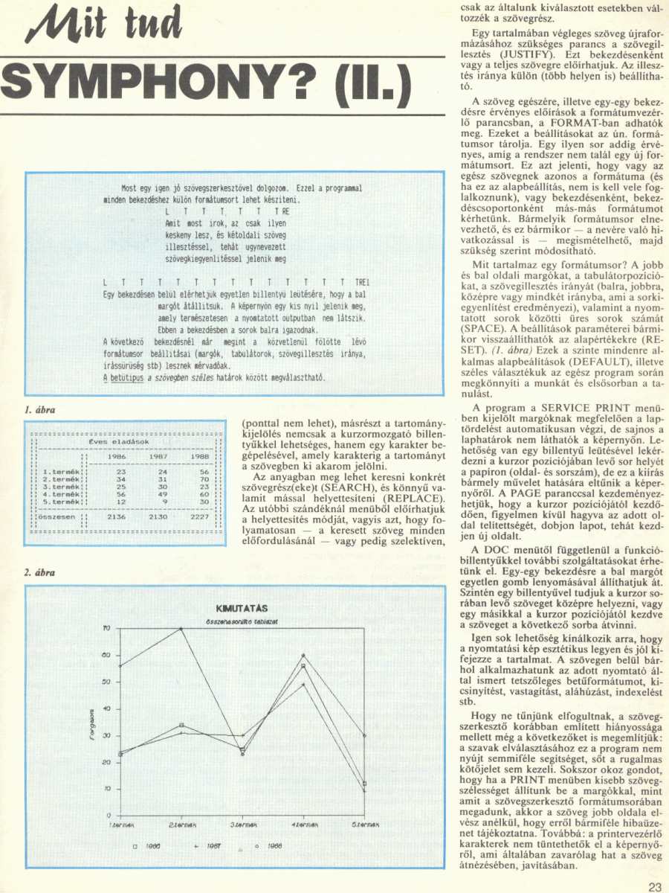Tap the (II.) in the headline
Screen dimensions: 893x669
pyautogui.click(x=369, y=83)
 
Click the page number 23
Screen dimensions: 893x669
pyautogui.click(x=654, y=886)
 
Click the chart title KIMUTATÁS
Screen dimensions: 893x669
pyautogui.click(x=236, y=608)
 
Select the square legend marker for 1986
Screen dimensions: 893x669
pyautogui.click(x=136, y=846)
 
